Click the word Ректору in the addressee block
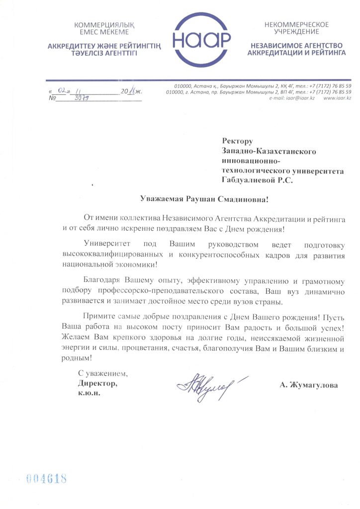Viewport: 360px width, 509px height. tap(238, 142)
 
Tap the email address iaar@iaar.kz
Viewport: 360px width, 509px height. tap(298, 98)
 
